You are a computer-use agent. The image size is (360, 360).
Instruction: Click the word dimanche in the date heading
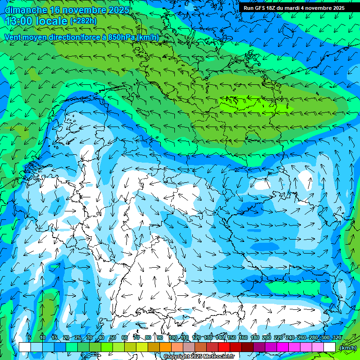(26, 10)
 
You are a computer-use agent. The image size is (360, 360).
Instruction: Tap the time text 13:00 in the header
(21, 21)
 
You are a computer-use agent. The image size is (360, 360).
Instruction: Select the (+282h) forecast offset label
(83, 21)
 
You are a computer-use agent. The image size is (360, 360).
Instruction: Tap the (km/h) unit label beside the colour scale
(347, 348)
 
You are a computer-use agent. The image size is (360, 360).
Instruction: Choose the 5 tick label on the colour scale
(29, 338)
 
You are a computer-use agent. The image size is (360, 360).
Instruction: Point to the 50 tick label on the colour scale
(112, 338)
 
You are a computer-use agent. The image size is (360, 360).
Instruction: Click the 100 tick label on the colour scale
(173, 338)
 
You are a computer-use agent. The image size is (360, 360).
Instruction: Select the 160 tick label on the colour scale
(243, 338)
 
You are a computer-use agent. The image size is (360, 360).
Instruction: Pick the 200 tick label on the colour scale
(267, 338)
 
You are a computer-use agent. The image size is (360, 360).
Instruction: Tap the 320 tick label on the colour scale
(337, 338)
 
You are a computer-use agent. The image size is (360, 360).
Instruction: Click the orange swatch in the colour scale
(165, 347)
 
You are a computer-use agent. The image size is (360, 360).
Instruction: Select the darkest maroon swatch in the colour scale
(247, 347)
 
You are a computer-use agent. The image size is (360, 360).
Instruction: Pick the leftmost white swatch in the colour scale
(25, 347)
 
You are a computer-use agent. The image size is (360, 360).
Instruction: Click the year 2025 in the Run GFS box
(337, 8)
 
